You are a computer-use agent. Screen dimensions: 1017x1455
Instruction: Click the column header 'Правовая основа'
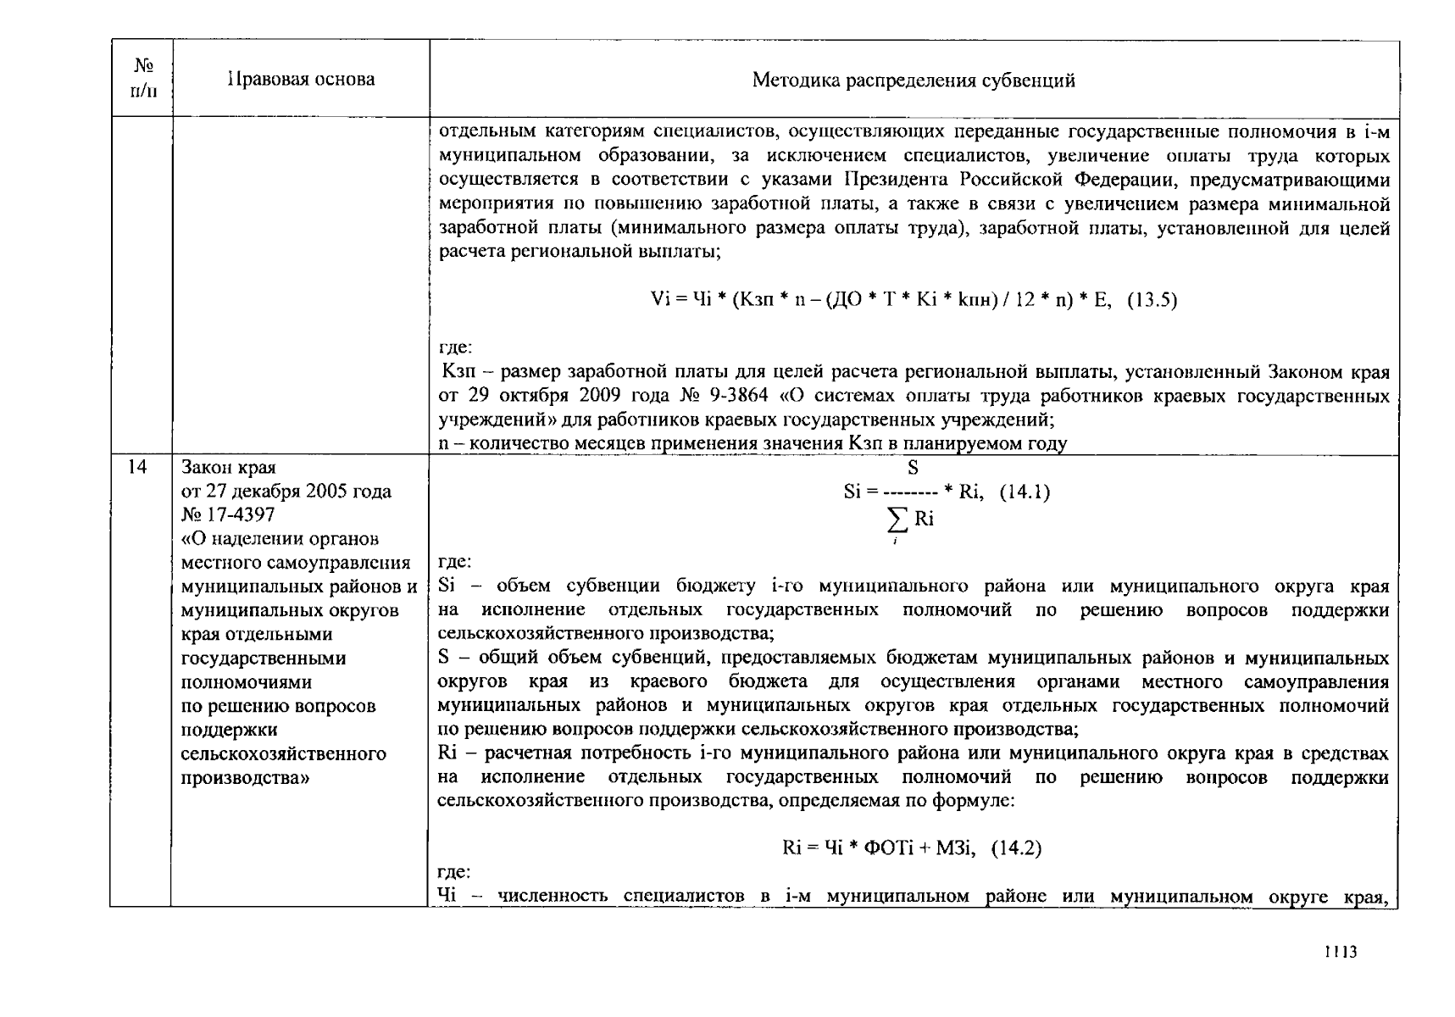(x=301, y=80)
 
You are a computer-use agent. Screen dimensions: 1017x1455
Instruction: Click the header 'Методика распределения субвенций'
(x=914, y=81)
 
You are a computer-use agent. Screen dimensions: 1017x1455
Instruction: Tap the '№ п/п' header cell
(x=142, y=77)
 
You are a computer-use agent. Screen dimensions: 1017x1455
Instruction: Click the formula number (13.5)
(x=1152, y=299)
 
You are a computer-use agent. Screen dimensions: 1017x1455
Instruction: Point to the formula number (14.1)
(x=1025, y=492)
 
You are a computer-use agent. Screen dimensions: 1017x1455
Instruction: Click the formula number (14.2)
(x=1016, y=848)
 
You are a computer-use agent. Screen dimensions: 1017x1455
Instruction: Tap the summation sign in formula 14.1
(x=897, y=520)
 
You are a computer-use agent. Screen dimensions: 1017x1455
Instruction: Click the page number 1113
(x=1341, y=952)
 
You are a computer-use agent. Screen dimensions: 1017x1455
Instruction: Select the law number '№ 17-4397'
(x=228, y=515)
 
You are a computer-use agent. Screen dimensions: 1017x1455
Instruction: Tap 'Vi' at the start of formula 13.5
(x=659, y=299)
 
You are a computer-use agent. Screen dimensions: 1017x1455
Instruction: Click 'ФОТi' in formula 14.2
(x=887, y=848)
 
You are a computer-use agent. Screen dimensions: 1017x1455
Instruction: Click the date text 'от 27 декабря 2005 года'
(x=286, y=492)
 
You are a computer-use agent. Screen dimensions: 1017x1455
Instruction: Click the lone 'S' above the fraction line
(x=913, y=468)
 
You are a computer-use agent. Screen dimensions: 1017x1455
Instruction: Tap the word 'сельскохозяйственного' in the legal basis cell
(x=284, y=753)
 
